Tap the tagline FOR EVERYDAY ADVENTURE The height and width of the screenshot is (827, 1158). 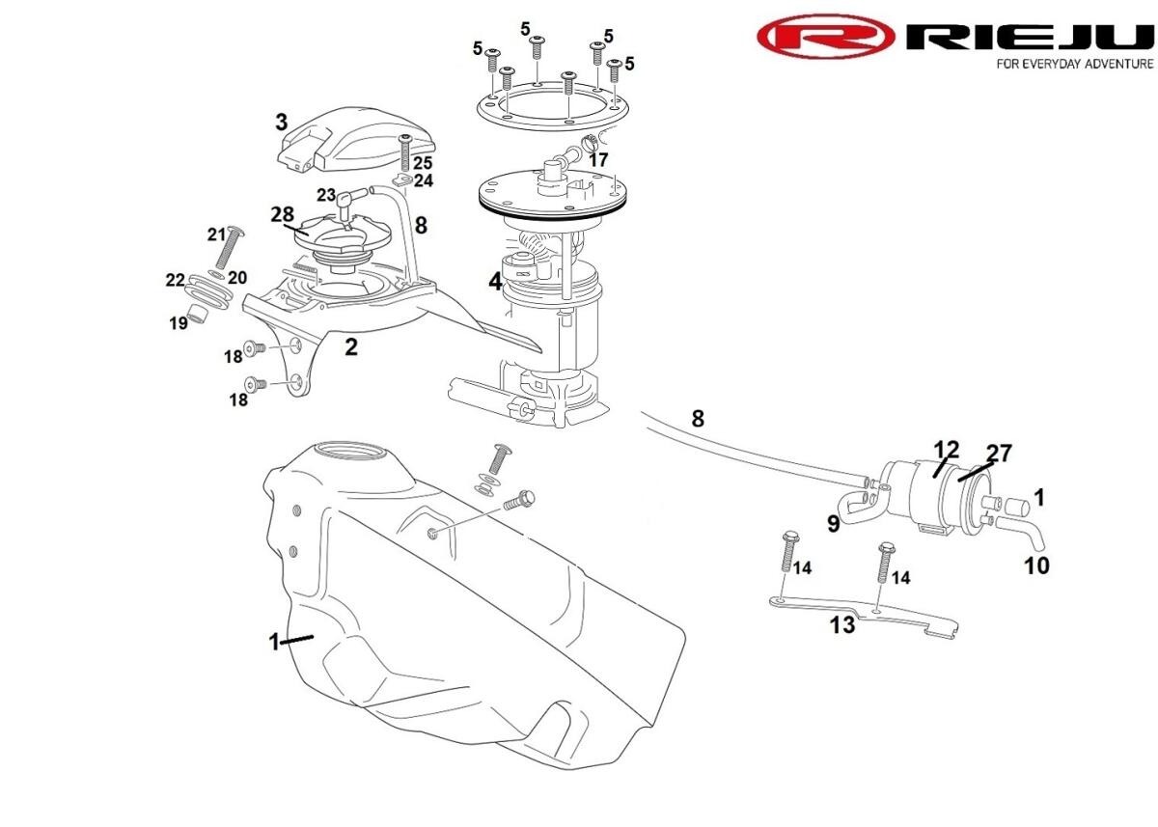(1074, 64)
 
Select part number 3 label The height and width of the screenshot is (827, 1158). (281, 122)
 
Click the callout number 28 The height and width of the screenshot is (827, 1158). (282, 212)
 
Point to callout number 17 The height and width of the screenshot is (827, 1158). (598, 159)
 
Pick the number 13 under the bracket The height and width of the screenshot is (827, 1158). (842, 624)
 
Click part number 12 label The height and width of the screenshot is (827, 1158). (947, 449)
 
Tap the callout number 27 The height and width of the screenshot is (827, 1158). (998, 453)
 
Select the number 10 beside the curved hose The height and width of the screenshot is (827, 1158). (1036, 565)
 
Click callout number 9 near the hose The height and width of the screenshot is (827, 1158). (833, 524)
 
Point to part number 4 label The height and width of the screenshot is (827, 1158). (495, 282)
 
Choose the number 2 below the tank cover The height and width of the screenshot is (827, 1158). (351, 347)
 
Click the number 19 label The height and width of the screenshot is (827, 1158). (179, 324)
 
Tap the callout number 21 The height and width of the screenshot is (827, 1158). (216, 234)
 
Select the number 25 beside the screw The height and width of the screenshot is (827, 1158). (423, 163)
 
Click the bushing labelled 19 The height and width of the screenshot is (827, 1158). (200, 313)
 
